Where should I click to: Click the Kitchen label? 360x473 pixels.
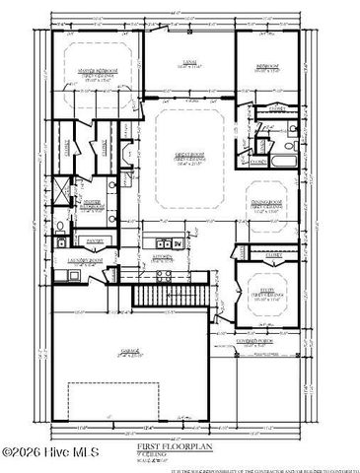161,255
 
